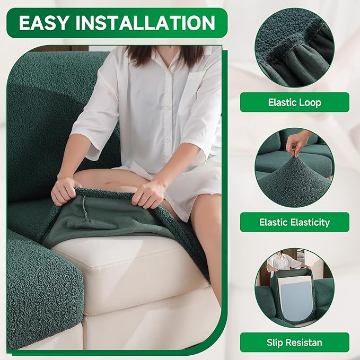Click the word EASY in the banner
[46, 23]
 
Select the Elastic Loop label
[294, 102]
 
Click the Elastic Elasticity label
[294, 222]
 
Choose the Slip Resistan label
[294, 343]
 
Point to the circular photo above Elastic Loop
[294, 47]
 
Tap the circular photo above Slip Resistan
[294, 287]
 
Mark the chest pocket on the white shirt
[194, 87]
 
